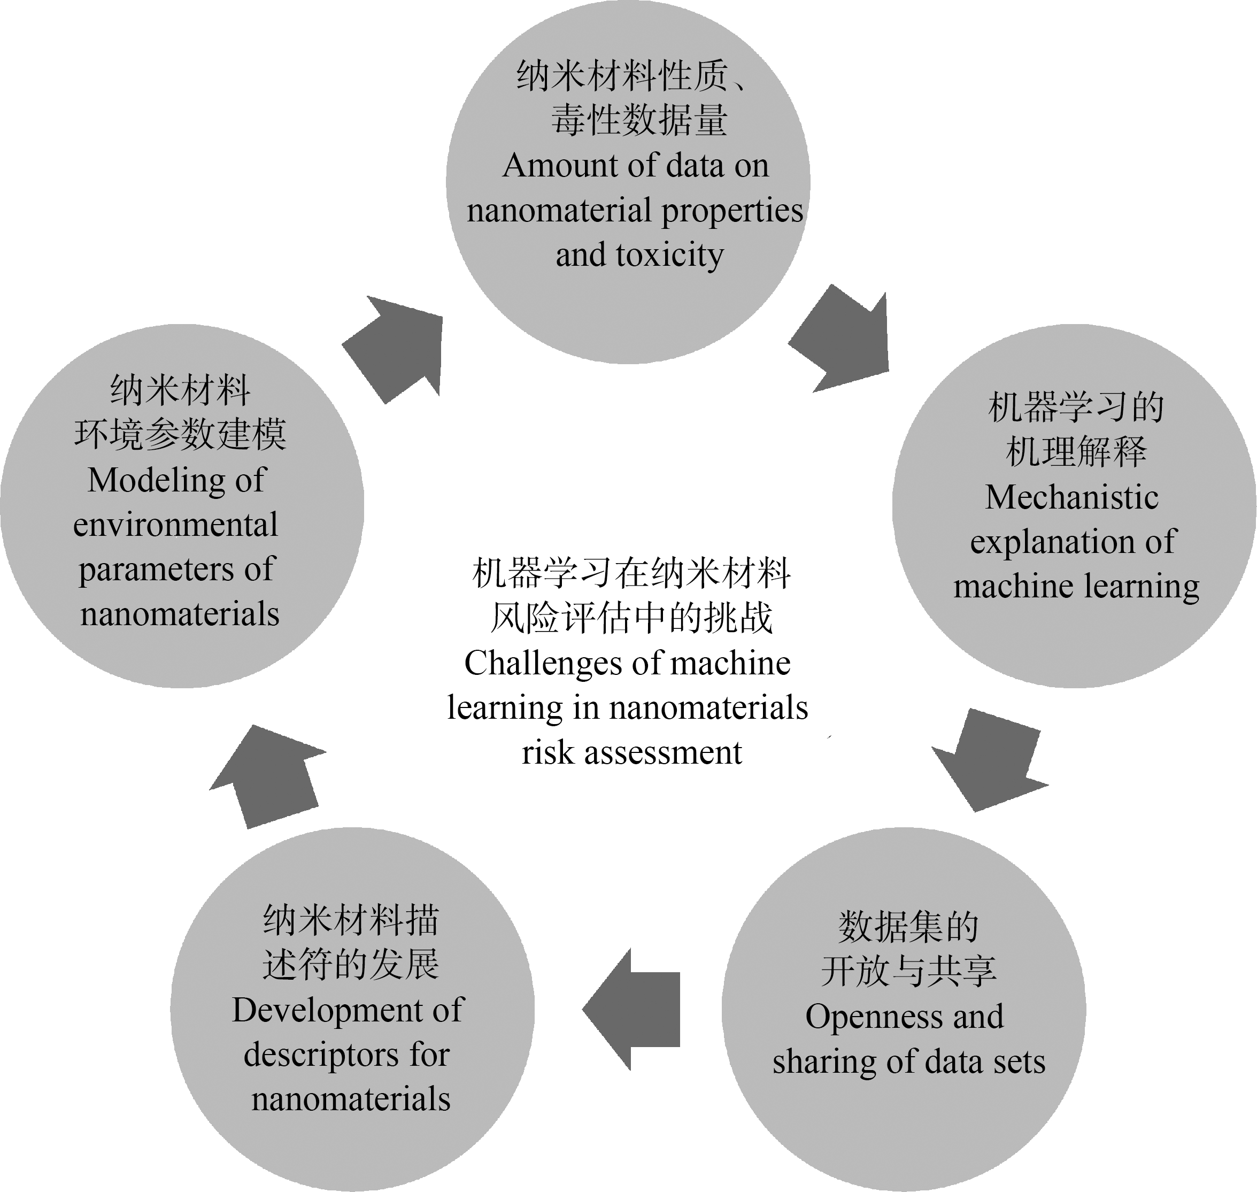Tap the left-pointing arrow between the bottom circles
[x=631, y=1009]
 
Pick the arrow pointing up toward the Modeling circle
[x=267, y=777]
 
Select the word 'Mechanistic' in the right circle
[x=1072, y=497]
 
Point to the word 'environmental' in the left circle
[x=175, y=525]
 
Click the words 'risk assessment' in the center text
[x=632, y=753]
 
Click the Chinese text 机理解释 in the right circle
[x=1076, y=452]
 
